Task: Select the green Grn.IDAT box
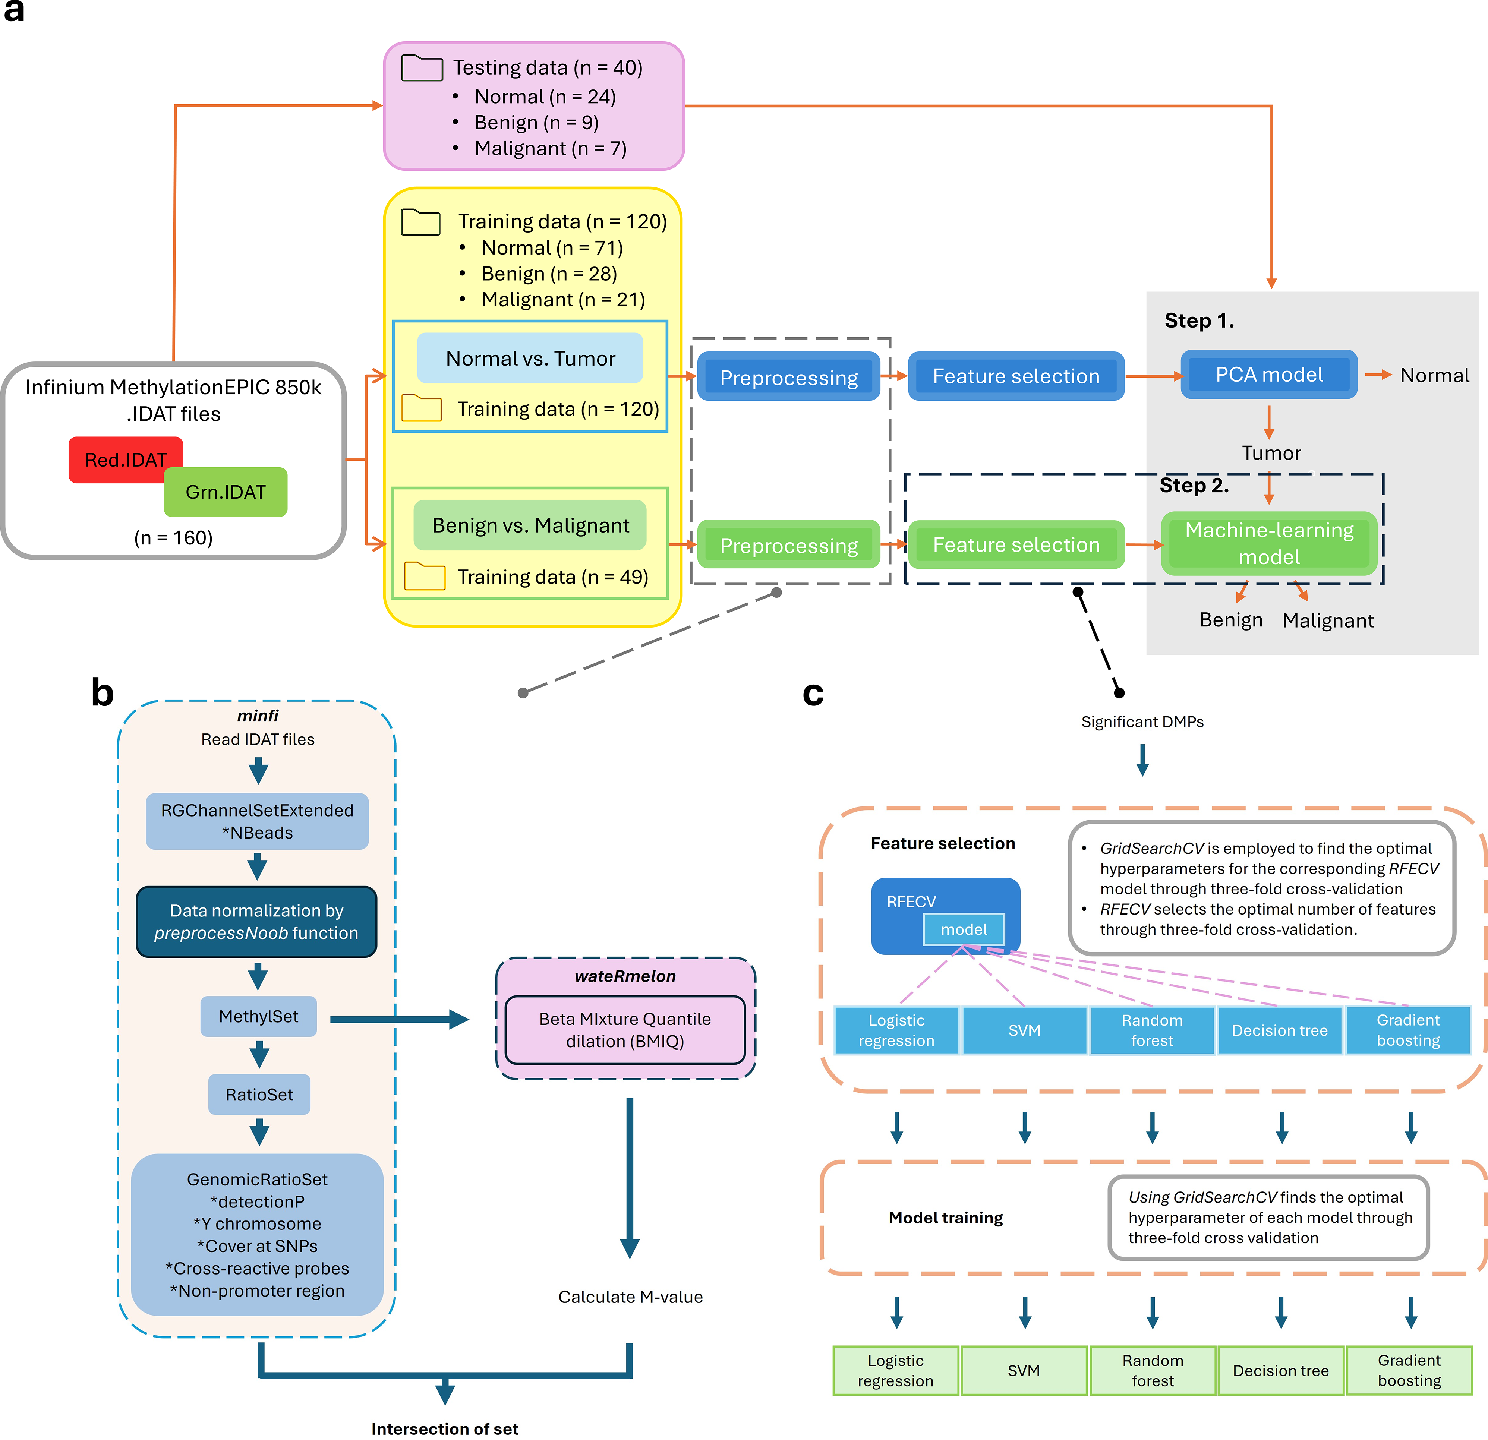pyautogui.click(x=226, y=492)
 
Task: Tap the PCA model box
pyautogui.click(x=1268, y=374)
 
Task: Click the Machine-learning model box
pyautogui.click(x=1268, y=543)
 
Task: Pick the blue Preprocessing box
pyautogui.click(x=789, y=376)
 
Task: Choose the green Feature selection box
pyautogui.click(x=1016, y=544)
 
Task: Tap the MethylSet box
pyautogui.click(x=258, y=1016)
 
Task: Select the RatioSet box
pyautogui.click(x=259, y=1095)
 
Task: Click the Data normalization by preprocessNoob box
pyautogui.click(x=256, y=922)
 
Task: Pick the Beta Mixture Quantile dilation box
pyautogui.click(x=625, y=1030)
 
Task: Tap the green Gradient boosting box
pyautogui.click(x=1409, y=1370)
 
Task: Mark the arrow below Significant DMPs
pyautogui.click(x=1142, y=759)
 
